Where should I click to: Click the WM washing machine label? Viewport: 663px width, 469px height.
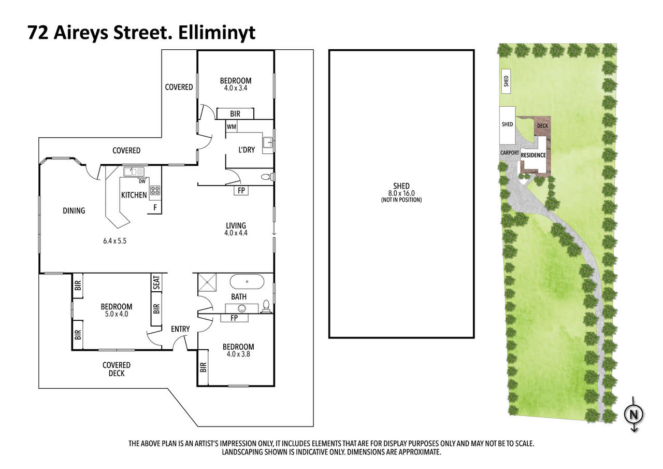[x=232, y=127]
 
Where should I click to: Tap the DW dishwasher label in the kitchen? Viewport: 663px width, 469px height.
[x=142, y=181]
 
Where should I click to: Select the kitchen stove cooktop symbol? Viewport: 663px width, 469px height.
[x=155, y=190]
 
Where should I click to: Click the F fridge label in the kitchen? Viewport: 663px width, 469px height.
[x=155, y=208]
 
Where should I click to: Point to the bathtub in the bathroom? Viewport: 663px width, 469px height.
[x=247, y=281]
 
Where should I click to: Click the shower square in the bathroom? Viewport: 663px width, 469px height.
[x=207, y=282]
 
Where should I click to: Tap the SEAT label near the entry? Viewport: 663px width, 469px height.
[x=156, y=282]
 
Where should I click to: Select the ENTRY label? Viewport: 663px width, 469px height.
[x=180, y=329]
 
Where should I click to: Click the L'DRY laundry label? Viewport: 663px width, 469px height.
[x=247, y=150]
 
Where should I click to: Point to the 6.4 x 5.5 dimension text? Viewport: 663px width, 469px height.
[x=114, y=241]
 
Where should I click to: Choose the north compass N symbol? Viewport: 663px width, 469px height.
[x=633, y=414]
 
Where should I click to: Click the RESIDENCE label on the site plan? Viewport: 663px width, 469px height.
[x=533, y=155]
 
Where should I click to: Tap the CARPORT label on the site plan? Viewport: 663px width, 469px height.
[x=509, y=153]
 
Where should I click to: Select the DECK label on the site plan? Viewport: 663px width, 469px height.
[x=542, y=126]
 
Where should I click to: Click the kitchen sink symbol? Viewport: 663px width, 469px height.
[x=134, y=172]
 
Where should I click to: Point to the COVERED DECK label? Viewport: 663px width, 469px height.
[x=117, y=369]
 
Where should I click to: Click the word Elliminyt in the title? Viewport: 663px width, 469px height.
[x=217, y=33]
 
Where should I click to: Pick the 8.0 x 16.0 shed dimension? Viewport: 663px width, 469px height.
[x=401, y=193]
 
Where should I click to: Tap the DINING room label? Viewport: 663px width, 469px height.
[x=74, y=211]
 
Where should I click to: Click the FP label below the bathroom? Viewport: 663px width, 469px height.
[x=234, y=318]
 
